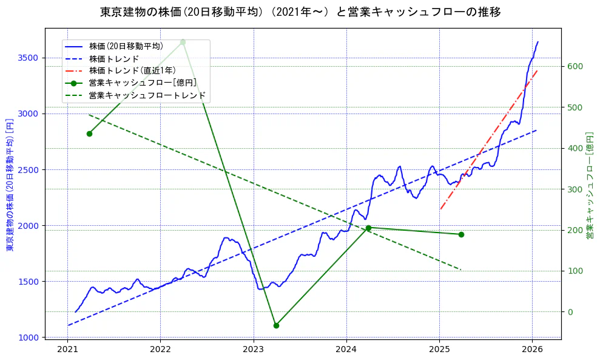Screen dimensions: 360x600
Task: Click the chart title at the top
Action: [300, 12]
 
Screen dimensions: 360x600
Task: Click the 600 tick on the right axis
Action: [575, 66]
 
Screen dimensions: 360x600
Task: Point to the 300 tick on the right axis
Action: [575, 189]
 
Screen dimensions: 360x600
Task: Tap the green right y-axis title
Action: [590, 184]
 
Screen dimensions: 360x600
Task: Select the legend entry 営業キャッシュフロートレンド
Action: [147, 95]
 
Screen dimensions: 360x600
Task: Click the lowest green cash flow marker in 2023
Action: [276, 325]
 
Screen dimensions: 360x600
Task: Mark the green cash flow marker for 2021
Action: [89, 134]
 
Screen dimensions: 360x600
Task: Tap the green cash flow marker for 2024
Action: [368, 228]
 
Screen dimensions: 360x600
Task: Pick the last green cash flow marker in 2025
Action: [461, 234]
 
